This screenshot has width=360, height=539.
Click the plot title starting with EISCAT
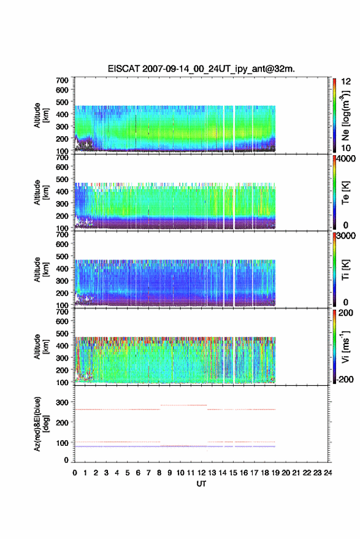(x=201, y=69)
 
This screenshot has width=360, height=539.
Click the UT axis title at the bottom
(x=201, y=484)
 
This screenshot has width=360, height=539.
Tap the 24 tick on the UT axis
(x=327, y=473)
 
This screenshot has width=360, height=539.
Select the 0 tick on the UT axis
(x=75, y=473)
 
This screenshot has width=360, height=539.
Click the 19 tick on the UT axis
(x=275, y=473)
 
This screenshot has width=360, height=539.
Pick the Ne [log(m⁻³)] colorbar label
(x=346, y=115)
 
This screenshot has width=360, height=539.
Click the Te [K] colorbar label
(x=345, y=193)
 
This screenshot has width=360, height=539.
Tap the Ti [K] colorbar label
(x=345, y=270)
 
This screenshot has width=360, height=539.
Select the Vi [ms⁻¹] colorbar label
(x=345, y=346)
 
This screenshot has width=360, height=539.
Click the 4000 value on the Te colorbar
(x=346, y=158)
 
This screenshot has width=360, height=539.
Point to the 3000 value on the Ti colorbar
(x=346, y=235)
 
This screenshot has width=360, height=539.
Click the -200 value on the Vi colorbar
(x=345, y=379)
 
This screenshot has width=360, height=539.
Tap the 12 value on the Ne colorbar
(x=346, y=81)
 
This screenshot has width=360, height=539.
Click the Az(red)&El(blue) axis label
(x=41, y=424)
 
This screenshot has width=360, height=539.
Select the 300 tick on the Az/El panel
(x=62, y=402)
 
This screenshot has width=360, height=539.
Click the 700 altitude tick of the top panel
(x=62, y=80)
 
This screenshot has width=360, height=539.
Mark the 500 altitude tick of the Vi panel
(x=62, y=333)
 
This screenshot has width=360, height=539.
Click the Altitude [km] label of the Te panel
(x=41, y=193)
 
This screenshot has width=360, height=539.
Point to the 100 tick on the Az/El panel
(x=62, y=443)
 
